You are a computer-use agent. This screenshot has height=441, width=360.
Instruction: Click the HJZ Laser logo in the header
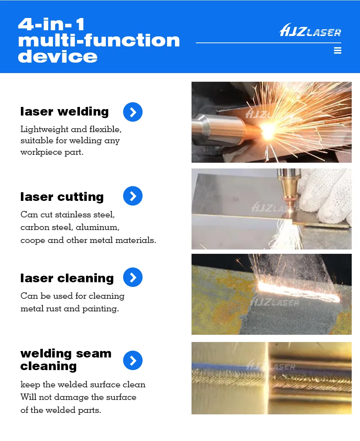coord(310,30)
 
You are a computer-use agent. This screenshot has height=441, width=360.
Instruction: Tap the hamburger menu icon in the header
coord(337,50)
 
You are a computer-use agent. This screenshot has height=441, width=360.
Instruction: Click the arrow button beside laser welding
coord(133,112)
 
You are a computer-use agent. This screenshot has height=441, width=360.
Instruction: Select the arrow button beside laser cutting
coord(133,196)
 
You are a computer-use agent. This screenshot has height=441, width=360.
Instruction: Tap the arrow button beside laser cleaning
coord(133,277)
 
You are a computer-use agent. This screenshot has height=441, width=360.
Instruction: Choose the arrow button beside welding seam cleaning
coord(133,360)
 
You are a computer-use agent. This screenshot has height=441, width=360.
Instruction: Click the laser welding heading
coord(64,112)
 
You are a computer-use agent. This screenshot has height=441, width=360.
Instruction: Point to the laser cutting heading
coord(62,197)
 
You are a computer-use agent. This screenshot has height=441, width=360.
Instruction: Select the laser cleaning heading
coord(67,278)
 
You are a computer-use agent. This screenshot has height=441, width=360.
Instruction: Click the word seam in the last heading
coord(94,354)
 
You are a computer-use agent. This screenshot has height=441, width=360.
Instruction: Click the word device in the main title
coord(58,57)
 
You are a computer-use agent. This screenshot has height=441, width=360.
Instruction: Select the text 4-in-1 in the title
coord(51,24)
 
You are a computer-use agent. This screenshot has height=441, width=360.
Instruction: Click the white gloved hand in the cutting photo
coord(329,194)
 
